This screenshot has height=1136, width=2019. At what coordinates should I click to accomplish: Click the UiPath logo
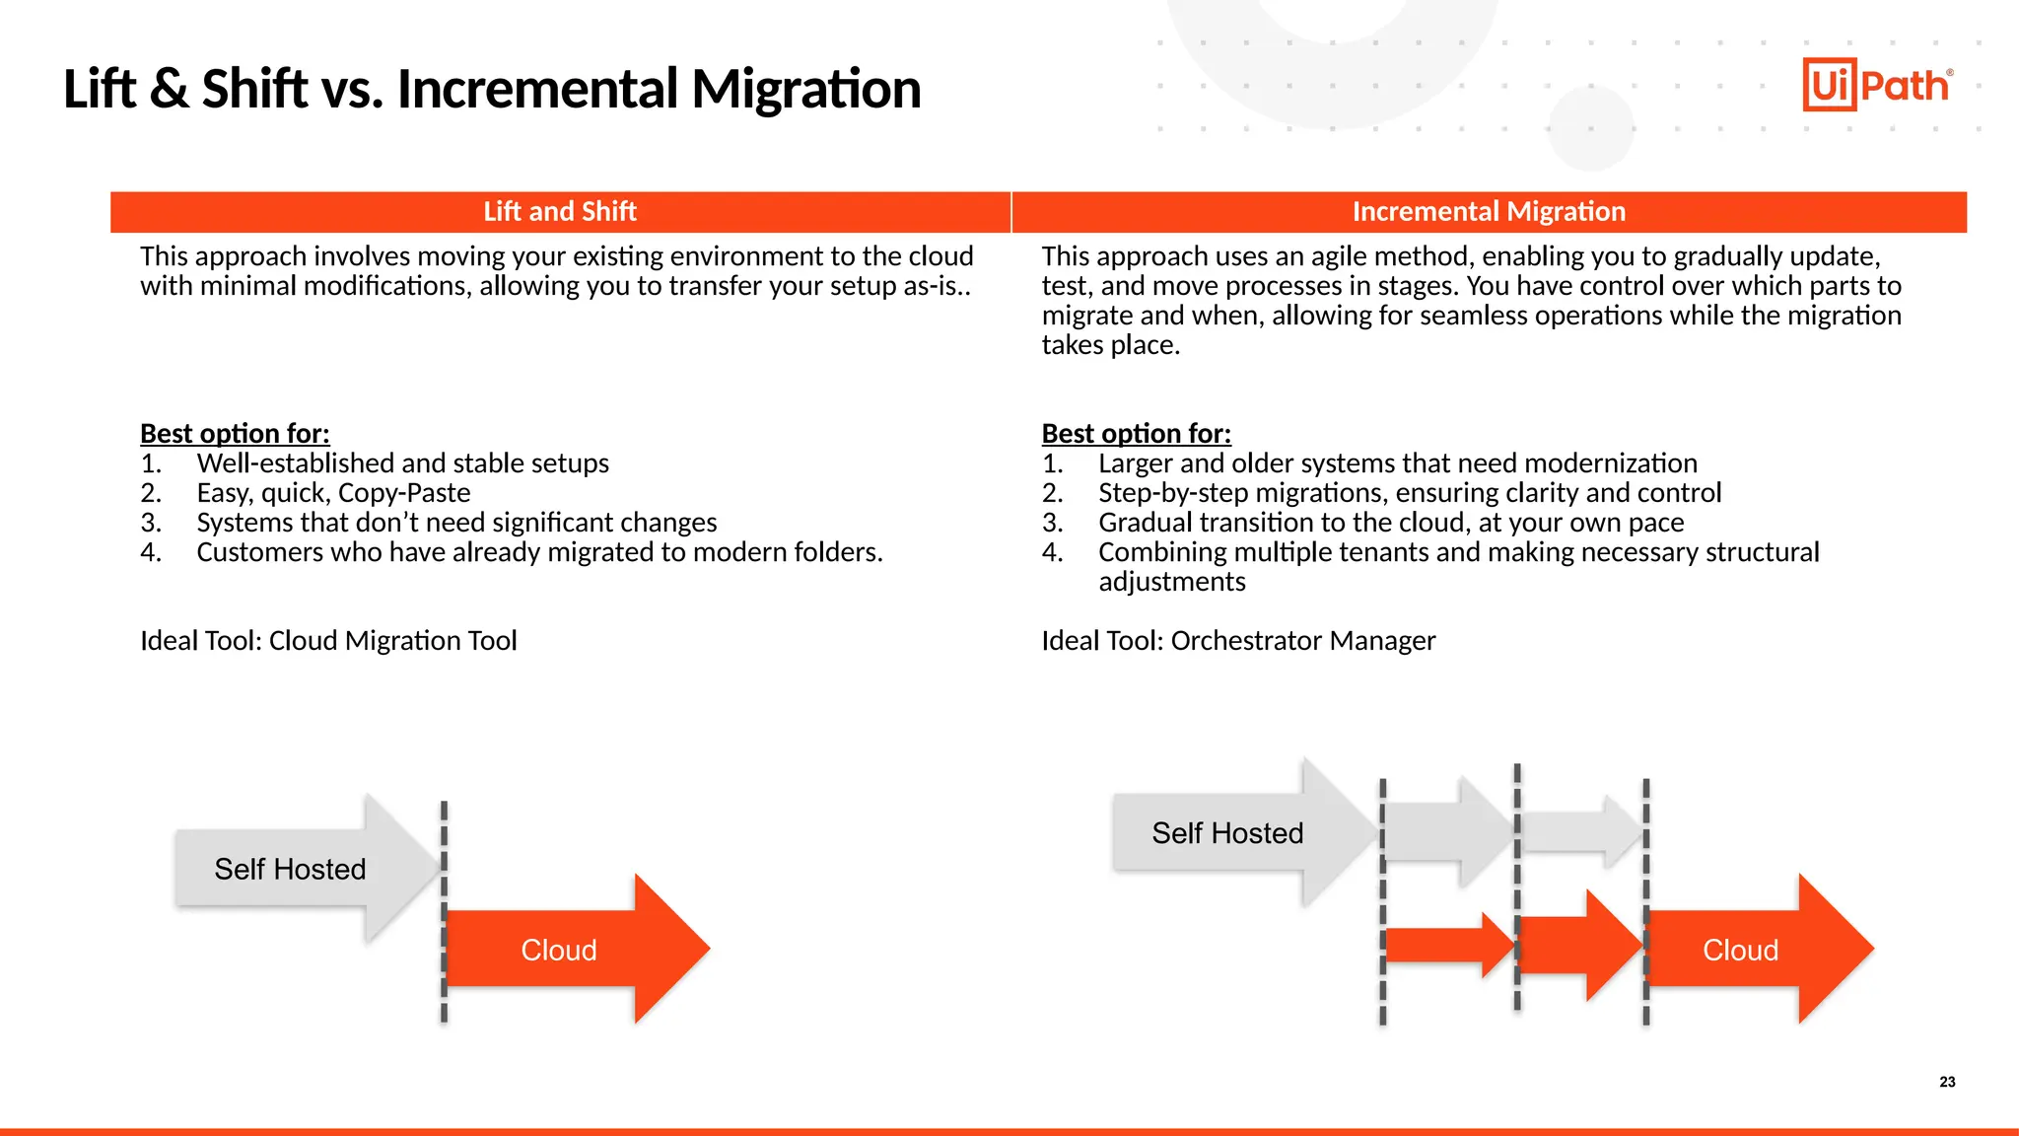tap(1877, 85)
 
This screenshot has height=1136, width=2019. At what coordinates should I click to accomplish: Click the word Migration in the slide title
tap(805, 89)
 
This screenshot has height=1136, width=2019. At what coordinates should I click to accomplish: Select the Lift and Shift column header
tap(560, 212)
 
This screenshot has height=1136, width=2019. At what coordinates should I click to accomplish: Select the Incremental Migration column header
tap(1488, 212)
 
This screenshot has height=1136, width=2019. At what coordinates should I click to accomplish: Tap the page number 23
tap(1947, 1082)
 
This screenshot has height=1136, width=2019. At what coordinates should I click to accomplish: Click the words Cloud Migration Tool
tap(392, 641)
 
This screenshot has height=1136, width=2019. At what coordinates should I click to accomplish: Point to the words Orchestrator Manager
tap(1302, 641)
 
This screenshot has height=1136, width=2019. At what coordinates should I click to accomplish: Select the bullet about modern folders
tap(539, 552)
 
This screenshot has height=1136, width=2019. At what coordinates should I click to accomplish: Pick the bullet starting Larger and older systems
tap(1397, 463)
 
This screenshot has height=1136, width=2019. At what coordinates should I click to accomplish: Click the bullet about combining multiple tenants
tap(1458, 553)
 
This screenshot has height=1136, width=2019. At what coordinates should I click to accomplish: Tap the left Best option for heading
tap(235, 434)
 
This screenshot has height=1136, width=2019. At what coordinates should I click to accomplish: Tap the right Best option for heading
tap(1136, 434)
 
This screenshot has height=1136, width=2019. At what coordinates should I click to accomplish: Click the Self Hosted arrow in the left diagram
tap(291, 869)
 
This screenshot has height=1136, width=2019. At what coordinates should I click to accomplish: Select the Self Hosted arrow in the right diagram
tap(1227, 833)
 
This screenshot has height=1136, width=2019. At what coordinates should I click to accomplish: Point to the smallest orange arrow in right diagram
tap(1444, 946)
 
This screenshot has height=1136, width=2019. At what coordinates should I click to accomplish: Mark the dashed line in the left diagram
tap(444, 913)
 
